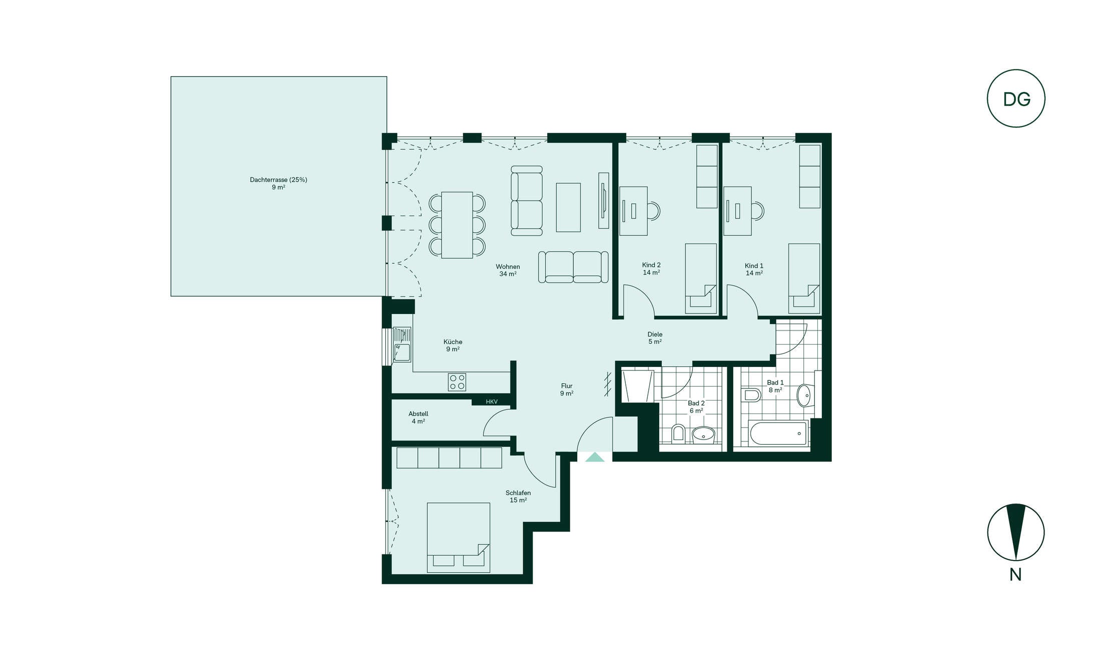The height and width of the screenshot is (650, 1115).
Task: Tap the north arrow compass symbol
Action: click(1016, 532)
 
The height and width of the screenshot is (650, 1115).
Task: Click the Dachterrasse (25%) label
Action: click(279, 179)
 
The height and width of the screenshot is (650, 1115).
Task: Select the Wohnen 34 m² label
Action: click(508, 270)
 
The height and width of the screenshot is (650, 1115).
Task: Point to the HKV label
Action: click(492, 401)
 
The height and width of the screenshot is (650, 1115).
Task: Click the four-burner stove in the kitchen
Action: click(457, 382)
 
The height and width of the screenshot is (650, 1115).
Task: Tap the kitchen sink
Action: click(402, 344)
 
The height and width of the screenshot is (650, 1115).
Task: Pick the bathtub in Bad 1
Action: click(778, 433)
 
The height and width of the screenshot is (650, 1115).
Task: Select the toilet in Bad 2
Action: click(678, 432)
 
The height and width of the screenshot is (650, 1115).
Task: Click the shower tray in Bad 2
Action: click(638, 385)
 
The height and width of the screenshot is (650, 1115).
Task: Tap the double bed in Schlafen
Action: click(458, 537)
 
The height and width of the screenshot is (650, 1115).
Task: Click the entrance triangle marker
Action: click(595, 457)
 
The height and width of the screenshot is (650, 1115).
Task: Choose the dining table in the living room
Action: click(457, 225)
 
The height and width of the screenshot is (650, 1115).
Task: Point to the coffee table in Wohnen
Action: click(568, 207)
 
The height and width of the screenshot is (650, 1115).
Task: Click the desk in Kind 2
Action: click(633, 211)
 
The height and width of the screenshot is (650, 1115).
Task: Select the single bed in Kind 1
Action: click(804, 278)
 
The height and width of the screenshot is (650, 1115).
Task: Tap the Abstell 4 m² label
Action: click(418, 417)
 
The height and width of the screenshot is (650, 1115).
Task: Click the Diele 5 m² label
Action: click(655, 338)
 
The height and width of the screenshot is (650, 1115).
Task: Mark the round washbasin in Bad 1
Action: click(805, 395)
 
